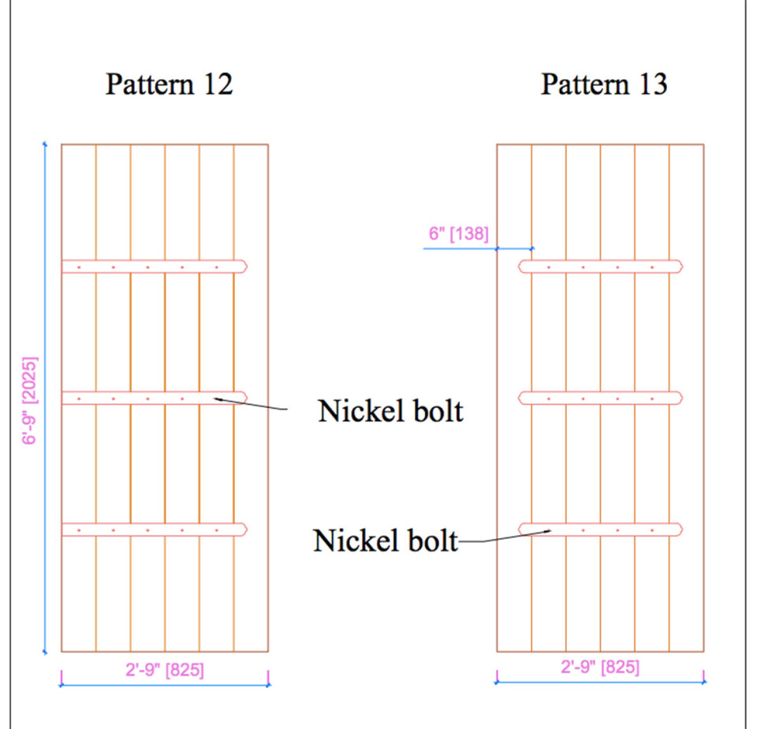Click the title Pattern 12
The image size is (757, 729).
[x=169, y=84]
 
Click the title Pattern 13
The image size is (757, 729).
[x=603, y=84]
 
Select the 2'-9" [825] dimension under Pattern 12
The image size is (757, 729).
[x=165, y=671]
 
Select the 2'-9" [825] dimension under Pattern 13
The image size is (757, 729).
[x=600, y=667]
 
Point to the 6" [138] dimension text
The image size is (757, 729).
[x=458, y=234]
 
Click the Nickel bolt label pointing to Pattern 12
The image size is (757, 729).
[x=390, y=410]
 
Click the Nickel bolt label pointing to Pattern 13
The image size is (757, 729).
[x=386, y=540]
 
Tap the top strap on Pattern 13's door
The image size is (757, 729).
[x=600, y=267]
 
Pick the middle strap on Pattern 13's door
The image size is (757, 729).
[x=600, y=398]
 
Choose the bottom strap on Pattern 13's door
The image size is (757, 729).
[x=600, y=529]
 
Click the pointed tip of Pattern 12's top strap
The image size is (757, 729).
[x=247, y=267]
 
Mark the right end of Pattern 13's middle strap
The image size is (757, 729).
[x=682, y=398]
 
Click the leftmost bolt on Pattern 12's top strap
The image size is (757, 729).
[x=79, y=267]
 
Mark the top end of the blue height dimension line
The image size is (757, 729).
[x=45, y=144]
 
